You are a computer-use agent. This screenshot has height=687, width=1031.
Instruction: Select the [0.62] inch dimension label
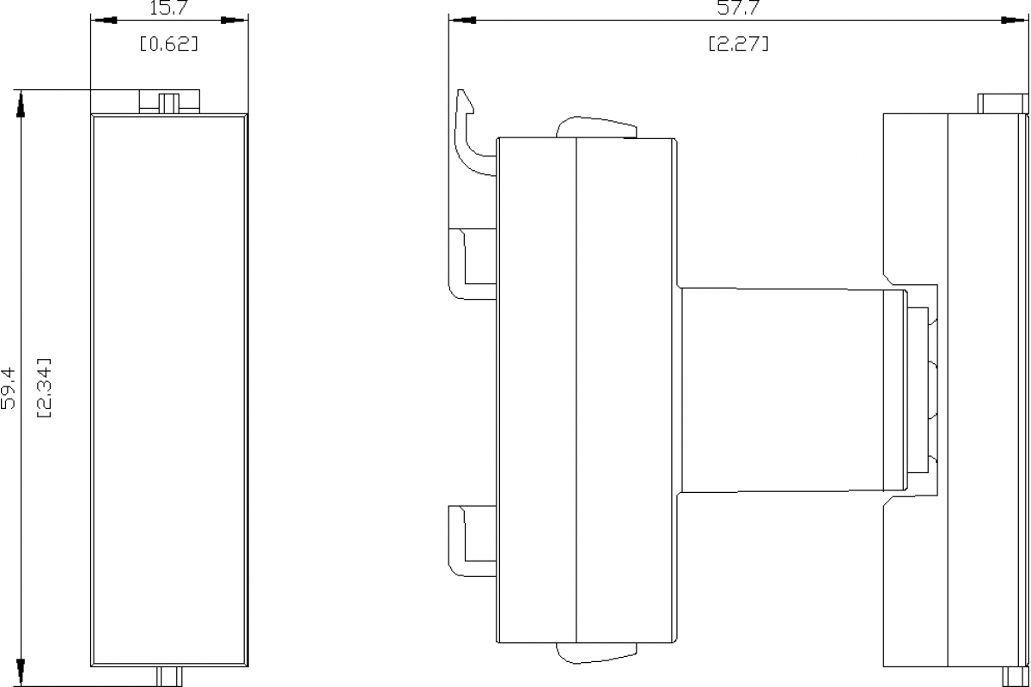(x=169, y=44)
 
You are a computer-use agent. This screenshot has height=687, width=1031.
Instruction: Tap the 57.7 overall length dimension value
(x=738, y=8)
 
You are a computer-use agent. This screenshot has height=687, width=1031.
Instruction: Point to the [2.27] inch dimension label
(x=738, y=44)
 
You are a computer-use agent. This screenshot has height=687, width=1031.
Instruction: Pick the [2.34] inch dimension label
(x=44, y=388)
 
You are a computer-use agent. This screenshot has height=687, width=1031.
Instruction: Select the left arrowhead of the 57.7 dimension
(x=462, y=20)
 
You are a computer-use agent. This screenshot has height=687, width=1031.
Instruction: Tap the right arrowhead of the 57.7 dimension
(x=1015, y=20)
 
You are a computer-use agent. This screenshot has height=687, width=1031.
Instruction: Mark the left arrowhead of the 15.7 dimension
(x=104, y=20)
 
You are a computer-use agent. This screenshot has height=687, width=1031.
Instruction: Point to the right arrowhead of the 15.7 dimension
(x=234, y=20)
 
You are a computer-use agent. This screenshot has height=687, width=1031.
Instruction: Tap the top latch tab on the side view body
(x=596, y=127)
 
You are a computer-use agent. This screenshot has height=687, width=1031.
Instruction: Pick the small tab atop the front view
(x=168, y=101)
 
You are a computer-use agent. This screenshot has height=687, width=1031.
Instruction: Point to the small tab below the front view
(x=168, y=675)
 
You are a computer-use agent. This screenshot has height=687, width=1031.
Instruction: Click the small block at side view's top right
(x=1003, y=103)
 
